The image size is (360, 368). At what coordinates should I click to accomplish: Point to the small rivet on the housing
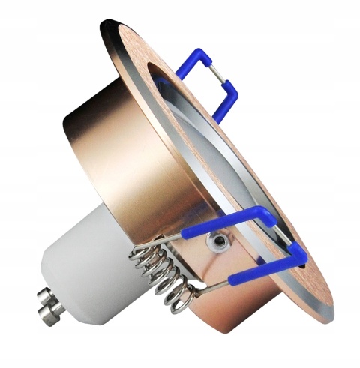219,241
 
